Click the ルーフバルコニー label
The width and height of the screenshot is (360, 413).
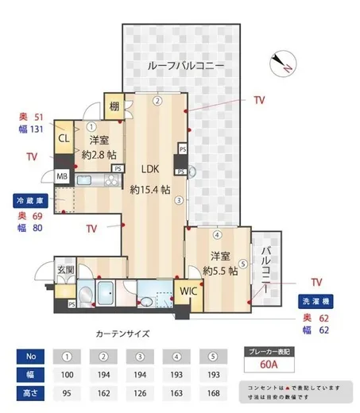[186, 66]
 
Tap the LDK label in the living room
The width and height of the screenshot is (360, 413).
[150, 169]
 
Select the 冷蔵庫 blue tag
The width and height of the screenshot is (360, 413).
[31, 202]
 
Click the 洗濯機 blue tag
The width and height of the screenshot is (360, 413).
[316, 303]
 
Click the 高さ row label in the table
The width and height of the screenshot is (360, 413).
[28, 392]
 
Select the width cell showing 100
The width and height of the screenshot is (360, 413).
[68, 374]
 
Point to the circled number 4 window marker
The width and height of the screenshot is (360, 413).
[216, 235]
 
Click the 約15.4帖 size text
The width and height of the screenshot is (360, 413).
[150, 190]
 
